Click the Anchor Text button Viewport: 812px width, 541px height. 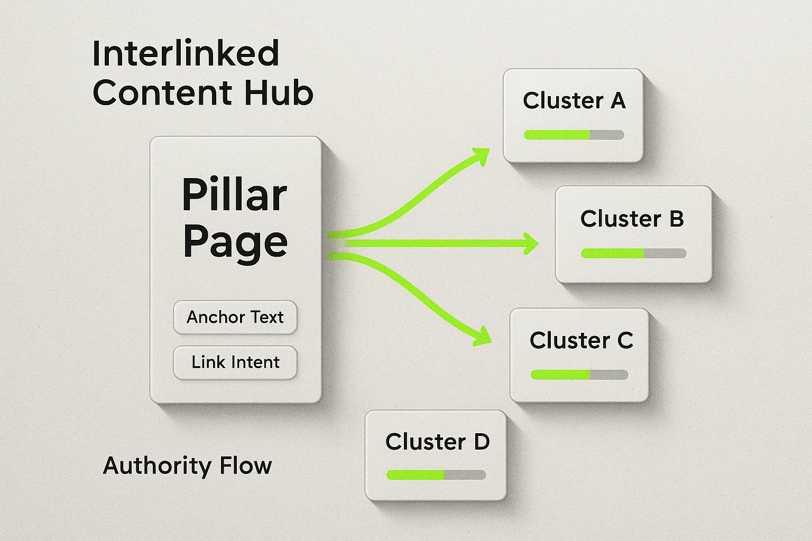coord(235,317)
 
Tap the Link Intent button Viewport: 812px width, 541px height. coord(235,362)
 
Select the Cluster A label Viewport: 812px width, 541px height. coord(574,100)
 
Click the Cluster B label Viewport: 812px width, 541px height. coord(632,219)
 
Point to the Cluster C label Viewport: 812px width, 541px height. coord(581,341)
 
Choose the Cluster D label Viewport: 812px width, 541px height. coord(437,442)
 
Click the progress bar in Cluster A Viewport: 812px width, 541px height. coord(574,135)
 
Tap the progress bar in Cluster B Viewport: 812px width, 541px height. coord(633,254)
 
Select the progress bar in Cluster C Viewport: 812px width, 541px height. coord(579,375)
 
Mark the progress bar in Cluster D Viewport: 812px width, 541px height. coord(436,475)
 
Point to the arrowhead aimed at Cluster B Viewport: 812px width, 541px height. coord(530,244)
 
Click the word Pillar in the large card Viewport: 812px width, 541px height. coord(234,194)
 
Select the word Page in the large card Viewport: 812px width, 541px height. coord(235,242)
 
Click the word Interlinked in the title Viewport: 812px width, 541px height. coord(186,54)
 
